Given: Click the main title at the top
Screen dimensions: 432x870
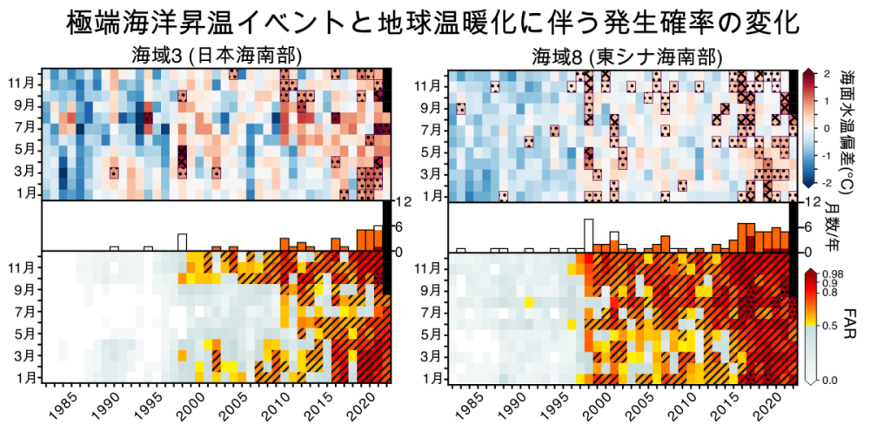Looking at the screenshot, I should coord(435,21).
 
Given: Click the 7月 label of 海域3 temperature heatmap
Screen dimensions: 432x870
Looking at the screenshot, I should coord(23,127).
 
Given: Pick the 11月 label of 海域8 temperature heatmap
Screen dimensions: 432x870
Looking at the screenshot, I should coord(428,85).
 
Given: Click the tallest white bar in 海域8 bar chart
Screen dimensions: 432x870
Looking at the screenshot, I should coord(589,235).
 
